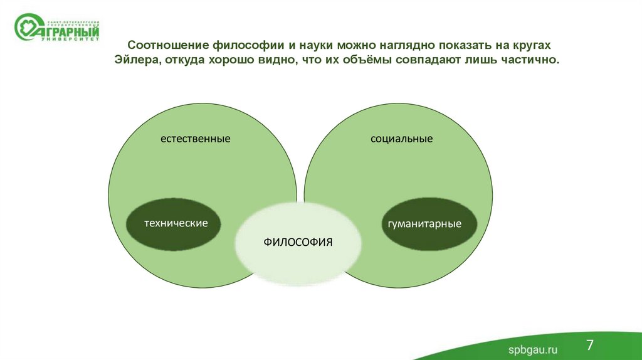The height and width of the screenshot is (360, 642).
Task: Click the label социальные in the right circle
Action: pyautogui.click(x=401, y=138)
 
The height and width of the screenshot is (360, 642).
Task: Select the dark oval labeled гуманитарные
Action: pyautogui.click(x=429, y=224)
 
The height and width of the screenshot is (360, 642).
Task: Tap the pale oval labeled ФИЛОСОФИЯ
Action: pyautogui.click(x=298, y=241)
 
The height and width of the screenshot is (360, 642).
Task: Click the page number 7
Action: pyautogui.click(x=590, y=344)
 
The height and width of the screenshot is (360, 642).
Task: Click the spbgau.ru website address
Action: pyautogui.click(x=532, y=349)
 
